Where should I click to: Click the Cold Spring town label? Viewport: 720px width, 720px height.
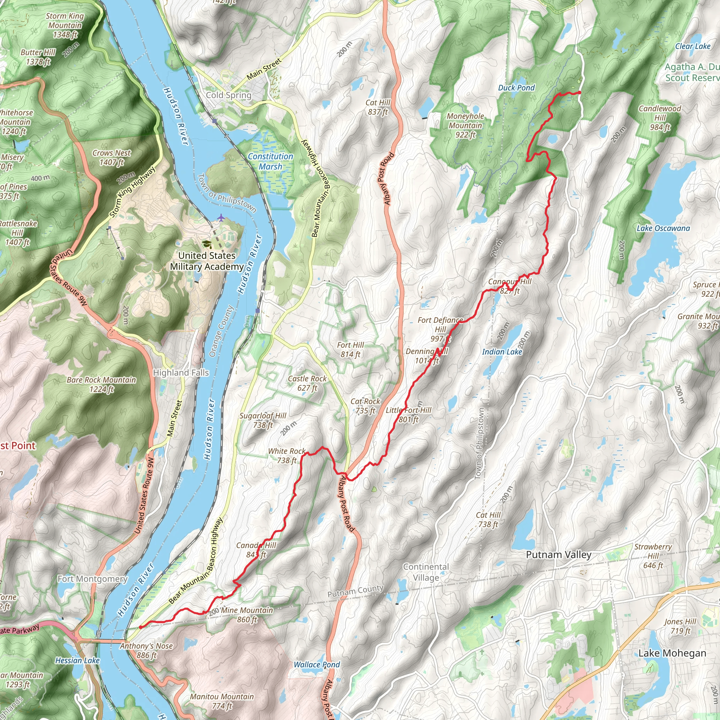229,95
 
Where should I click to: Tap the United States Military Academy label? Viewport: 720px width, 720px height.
207,261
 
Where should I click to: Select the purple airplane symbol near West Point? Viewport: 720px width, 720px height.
221,217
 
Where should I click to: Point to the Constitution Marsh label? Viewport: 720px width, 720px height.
271,161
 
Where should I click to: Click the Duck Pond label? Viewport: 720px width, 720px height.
516,88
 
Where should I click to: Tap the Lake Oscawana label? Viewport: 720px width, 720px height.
663,228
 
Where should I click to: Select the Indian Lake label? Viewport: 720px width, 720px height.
502,352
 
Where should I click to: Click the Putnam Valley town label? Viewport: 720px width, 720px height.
559,554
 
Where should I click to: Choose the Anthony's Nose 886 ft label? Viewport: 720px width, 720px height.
147,650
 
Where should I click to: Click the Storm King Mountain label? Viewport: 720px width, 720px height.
65,25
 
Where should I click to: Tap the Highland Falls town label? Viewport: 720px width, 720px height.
181,373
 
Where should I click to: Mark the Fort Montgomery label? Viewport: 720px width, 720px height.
92,579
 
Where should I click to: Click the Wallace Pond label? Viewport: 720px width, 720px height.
317,664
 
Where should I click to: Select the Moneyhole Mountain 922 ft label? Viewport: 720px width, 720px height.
465,125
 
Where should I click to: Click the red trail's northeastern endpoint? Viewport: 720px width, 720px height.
579,92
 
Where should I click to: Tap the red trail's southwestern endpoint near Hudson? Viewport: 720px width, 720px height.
141,627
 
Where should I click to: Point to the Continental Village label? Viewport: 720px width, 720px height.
426,572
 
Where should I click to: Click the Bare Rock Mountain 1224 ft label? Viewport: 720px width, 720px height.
101,385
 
